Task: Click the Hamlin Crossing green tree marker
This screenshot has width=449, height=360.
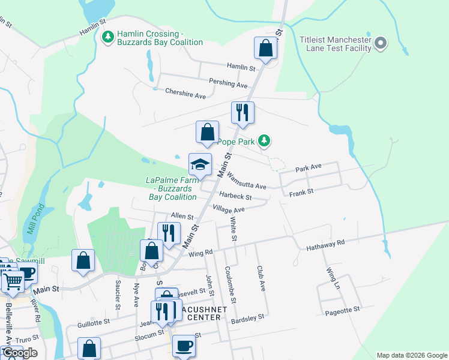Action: point(108,38)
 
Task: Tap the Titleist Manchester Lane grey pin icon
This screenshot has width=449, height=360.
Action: point(381,43)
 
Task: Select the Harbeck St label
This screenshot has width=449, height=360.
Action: point(235,196)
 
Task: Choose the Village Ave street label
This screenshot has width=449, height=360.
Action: point(229,210)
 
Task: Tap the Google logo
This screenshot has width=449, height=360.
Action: point(20,353)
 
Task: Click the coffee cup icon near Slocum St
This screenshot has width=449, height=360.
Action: point(184,346)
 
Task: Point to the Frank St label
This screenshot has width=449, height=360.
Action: point(301,192)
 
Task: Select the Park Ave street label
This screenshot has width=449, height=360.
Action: point(309,169)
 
